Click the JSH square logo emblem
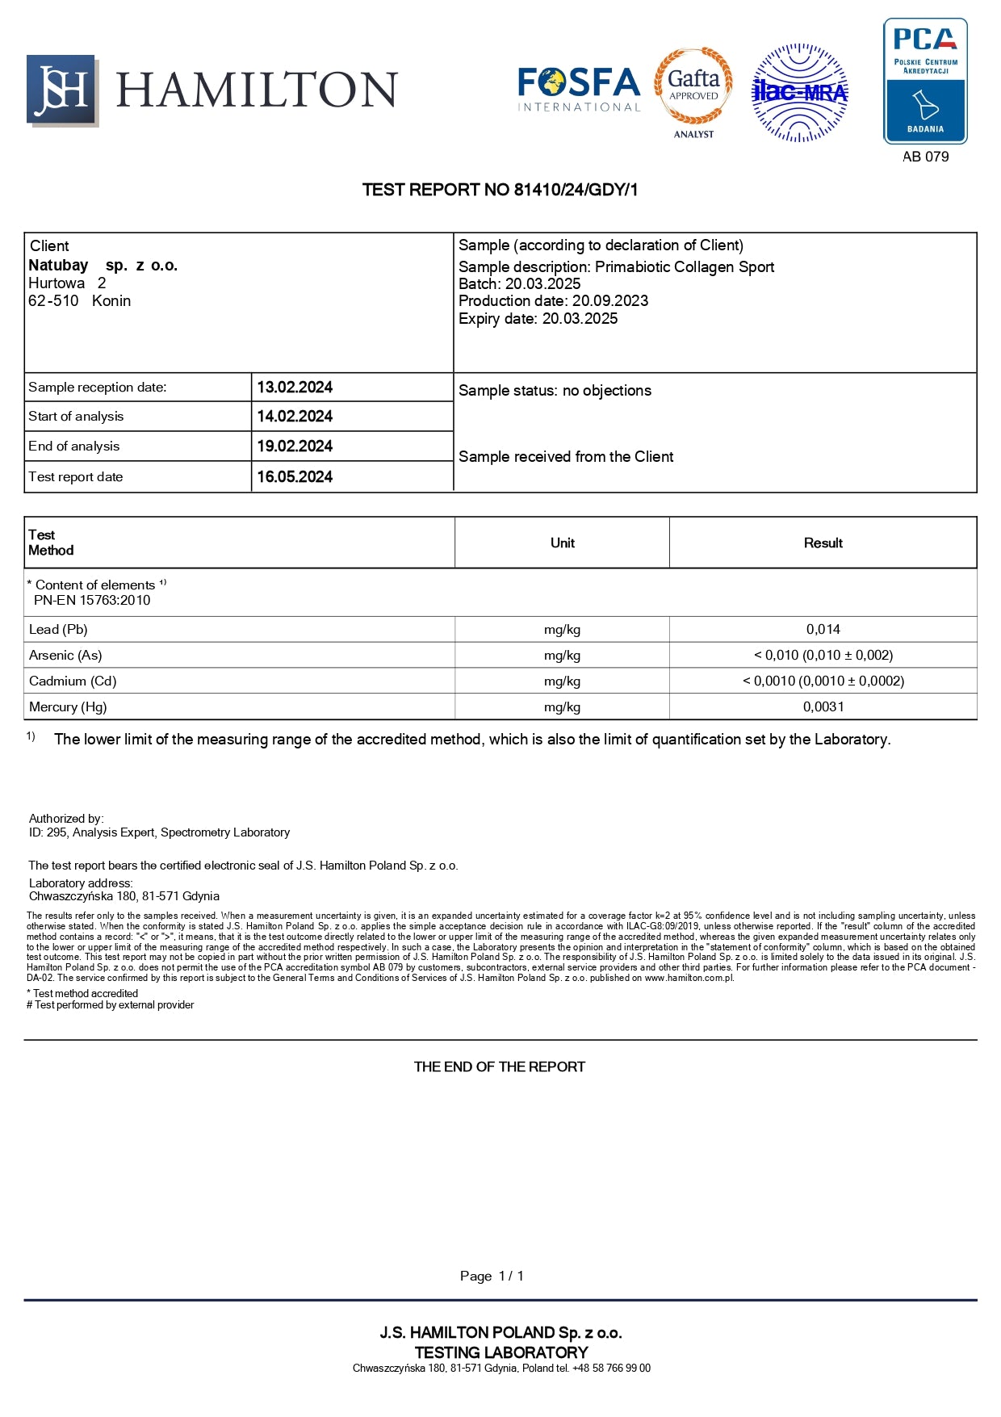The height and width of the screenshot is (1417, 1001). tap(62, 90)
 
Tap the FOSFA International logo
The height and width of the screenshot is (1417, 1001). tap(579, 89)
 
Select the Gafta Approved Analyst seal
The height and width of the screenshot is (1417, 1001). tap(693, 89)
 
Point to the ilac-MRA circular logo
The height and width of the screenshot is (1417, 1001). tap(800, 93)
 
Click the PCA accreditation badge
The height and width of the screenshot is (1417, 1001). tap(925, 81)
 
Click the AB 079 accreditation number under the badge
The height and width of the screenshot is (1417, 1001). tap(925, 157)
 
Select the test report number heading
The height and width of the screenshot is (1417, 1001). tap(500, 190)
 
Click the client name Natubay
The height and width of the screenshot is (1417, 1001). tap(59, 265)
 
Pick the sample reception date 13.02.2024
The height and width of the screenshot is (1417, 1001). tap(295, 388)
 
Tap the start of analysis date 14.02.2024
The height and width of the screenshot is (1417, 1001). tap(295, 417)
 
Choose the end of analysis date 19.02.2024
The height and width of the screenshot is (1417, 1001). tap(295, 446)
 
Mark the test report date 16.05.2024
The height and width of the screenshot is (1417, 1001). tap(295, 477)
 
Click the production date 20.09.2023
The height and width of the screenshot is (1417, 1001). tap(610, 301)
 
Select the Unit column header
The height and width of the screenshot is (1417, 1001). tap(562, 543)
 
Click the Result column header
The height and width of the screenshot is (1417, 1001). tap(823, 543)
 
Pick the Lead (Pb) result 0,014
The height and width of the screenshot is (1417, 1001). tap(823, 630)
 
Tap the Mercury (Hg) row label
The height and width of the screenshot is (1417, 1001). tap(68, 707)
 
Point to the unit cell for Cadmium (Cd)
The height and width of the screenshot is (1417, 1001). tap(562, 681)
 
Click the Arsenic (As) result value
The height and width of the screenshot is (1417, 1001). tap(823, 656)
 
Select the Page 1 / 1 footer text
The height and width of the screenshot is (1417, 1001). tap(492, 1277)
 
